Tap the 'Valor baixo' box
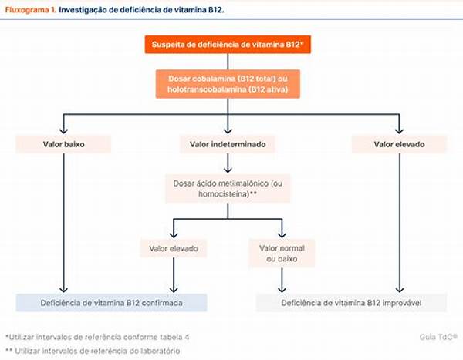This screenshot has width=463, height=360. click(63, 143)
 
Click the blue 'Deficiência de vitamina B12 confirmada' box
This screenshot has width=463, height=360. click(112, 303)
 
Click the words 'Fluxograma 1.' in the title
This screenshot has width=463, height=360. click(29, 10)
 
